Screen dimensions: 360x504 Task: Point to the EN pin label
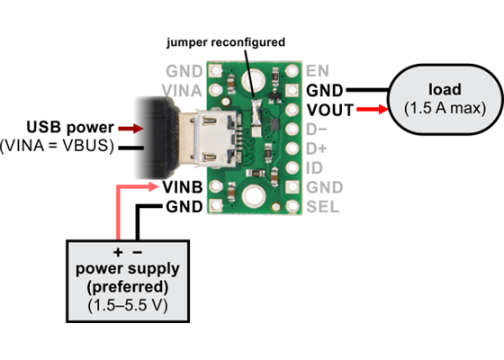(x=317, y=70)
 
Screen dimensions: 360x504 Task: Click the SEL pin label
(x=321, y=206)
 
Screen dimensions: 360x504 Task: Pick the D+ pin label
(x=318, y=148)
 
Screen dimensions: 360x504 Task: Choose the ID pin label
(x=314, y=167)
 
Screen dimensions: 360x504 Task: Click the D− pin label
(x=318, y=129)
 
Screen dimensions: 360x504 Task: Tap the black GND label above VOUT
(x=325, y=90)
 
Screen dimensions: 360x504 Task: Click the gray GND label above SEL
(x=325, y=187)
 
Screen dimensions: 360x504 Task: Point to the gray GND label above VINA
(x=186, y=70)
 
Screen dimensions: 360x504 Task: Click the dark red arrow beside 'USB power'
(x=131, y=128)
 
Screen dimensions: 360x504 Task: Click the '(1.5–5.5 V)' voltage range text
(x=127, y=306)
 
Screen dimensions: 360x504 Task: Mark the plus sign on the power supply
(x=117, y=251)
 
